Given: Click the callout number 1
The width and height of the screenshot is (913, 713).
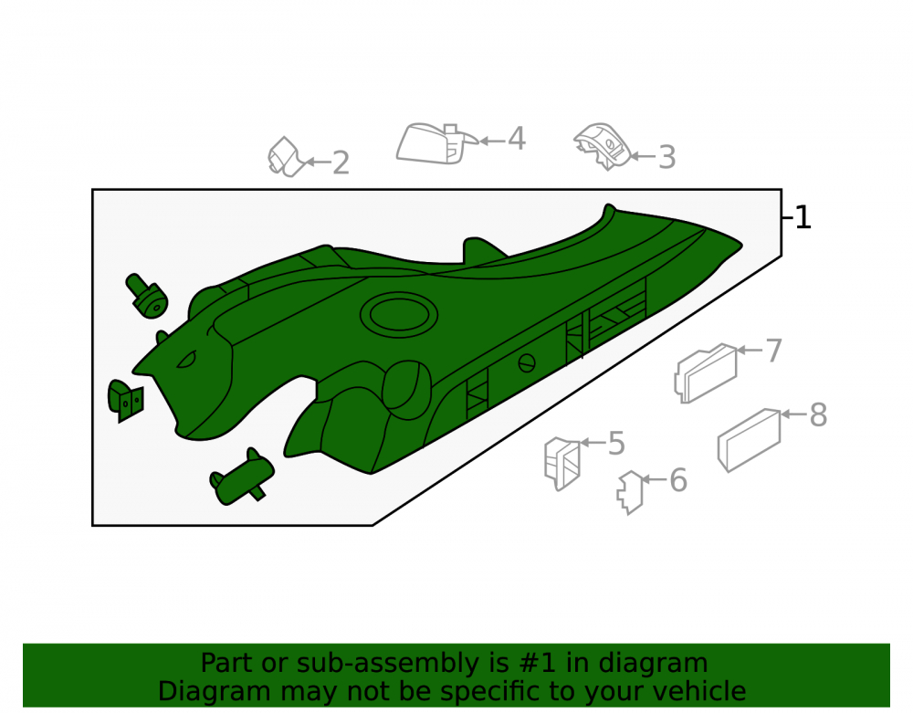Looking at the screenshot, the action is [803, 217].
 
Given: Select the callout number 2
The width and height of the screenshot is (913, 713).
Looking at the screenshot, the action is [341, 163].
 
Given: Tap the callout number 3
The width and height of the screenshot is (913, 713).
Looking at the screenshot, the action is [666, 157].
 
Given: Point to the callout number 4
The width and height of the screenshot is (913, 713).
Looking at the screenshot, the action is [517, 139].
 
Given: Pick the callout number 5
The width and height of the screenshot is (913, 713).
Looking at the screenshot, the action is [616, 444].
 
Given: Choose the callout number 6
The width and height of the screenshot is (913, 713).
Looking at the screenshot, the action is [678, 480].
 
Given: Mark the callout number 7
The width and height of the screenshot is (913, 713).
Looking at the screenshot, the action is [774, 351].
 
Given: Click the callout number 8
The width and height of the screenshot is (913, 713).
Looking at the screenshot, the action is [818, 415].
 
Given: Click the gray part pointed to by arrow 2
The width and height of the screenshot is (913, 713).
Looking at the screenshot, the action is [284, 157].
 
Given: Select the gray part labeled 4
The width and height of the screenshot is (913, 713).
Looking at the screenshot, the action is [434, 143].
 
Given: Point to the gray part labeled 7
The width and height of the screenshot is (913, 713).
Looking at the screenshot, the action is [706, 373].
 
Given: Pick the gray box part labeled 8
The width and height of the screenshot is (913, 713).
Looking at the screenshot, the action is [750, 440].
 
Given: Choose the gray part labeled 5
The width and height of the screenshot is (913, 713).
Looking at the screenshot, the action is [562, 463].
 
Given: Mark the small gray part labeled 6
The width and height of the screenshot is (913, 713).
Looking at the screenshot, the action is [630, 493].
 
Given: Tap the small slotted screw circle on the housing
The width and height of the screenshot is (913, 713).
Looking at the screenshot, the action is [527, 363].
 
